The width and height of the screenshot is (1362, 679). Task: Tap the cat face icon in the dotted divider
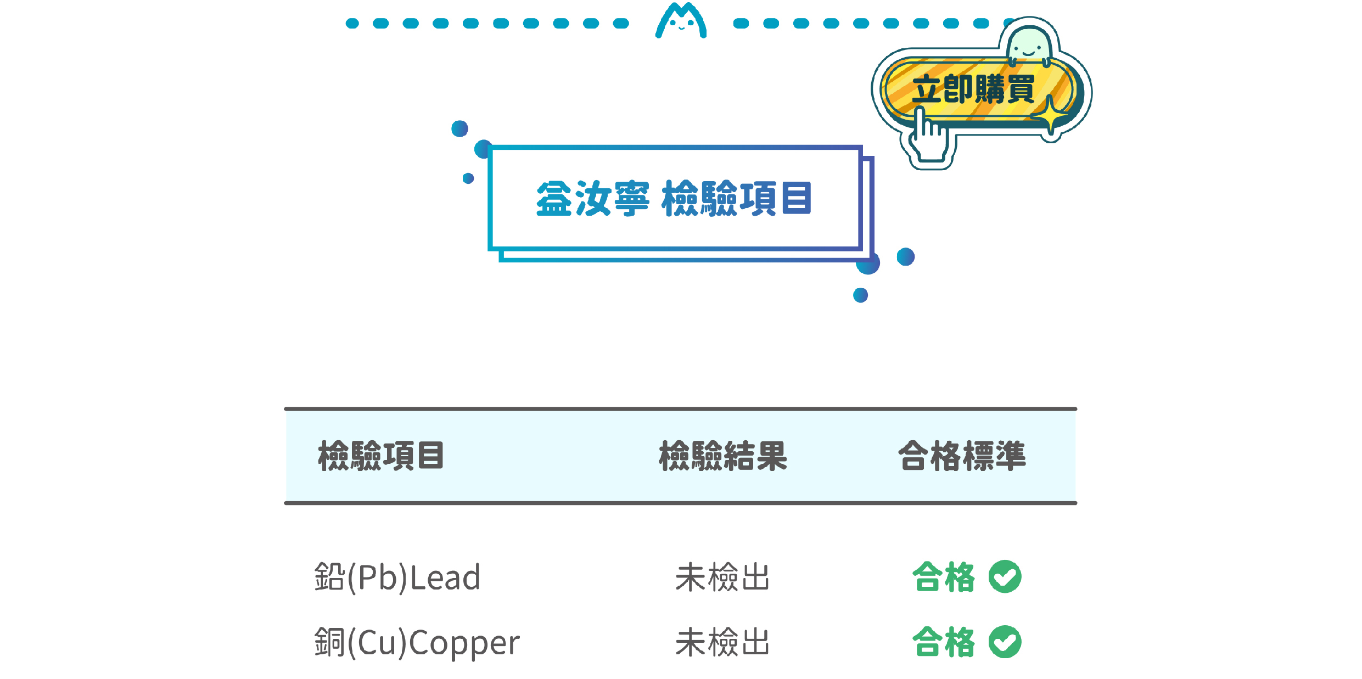(x=681, y=20)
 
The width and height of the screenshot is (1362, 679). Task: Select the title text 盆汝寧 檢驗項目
(x=674, y=198)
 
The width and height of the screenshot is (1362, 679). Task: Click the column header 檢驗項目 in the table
(x=381, y=456)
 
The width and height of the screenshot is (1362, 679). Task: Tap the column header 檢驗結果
(x=723, y=456)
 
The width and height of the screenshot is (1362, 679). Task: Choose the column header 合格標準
(x=962, y=456)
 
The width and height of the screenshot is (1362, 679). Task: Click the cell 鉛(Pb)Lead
(x=397, y=577)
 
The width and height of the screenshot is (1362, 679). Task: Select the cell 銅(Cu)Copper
(x=417, y=643)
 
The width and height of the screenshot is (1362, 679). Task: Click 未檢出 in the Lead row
(x=722, y=577)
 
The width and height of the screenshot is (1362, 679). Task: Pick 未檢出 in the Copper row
(x=722, y=642)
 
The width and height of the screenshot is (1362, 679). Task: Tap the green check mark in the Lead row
(x=1005, y=576)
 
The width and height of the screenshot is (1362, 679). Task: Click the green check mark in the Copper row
(x=1005, y=642)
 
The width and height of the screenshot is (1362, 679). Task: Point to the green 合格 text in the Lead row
(x=944, y=577)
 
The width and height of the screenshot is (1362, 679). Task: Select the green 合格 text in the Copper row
(x=944, y=642)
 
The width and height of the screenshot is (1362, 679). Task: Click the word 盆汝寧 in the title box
(x=593, y=198)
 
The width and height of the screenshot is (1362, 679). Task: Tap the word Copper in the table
(x=464, y=644)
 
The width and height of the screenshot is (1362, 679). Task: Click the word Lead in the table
(x=446, y=577)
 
